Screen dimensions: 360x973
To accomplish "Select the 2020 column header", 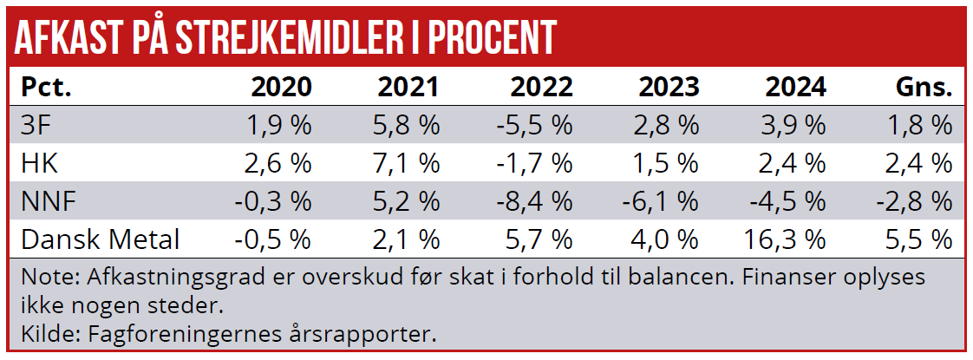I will click(x=280, y=88).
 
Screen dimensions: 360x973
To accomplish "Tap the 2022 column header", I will click(x=541, y=88).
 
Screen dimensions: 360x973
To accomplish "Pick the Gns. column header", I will click(x=924, y=88).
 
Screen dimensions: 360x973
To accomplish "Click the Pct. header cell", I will click(x=45, y=88).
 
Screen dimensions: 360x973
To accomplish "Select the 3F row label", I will click(x=35, y=126).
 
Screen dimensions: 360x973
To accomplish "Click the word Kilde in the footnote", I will click(x=44, y=332).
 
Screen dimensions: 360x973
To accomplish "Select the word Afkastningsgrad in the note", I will click(x=155, y=278).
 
